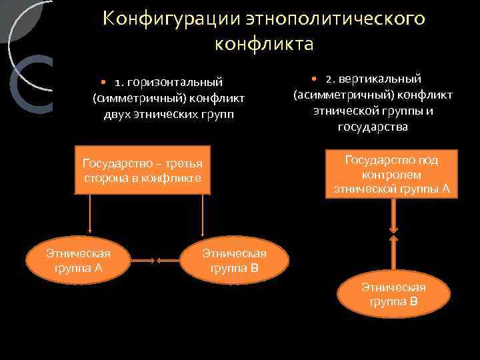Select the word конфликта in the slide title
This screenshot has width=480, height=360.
pyautogui.click(x=264, y=44)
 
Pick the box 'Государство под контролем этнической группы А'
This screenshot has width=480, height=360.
pyautogui.click(x=392, y=174)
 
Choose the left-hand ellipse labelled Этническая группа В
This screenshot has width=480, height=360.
pyautogui.click(x=234, y=261)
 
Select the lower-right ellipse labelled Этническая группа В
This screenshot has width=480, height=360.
pyautogui.click(x=393, y=294)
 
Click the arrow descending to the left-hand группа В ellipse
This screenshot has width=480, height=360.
pyautogui.click(x=202, y=217)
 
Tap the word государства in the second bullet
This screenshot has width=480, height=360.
pyautogui.click(x=373, y=127)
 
